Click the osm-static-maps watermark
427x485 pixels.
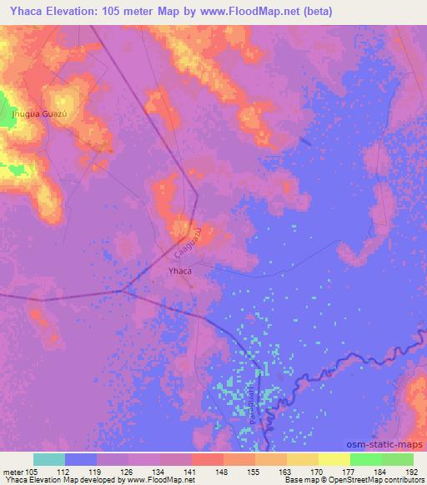pos(386,447)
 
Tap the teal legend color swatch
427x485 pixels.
pos(49,459)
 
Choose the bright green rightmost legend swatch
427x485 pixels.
pos(397,459)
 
